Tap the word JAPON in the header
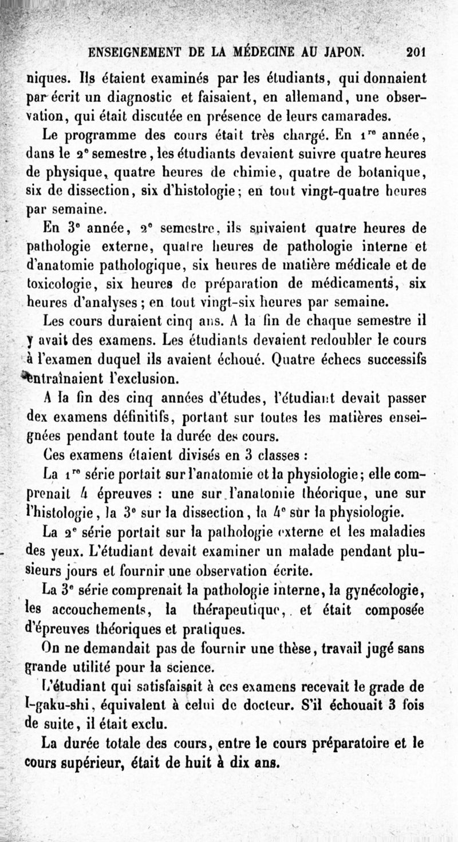337,53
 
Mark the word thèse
281,650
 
